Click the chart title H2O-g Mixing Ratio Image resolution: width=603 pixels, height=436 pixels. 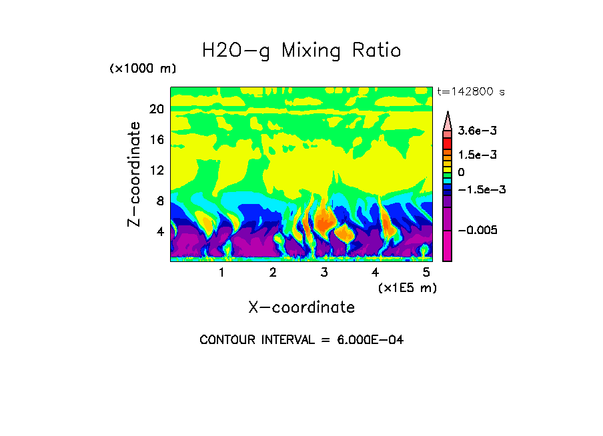pos(301,51)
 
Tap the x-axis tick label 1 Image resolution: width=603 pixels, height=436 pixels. pos(221,273)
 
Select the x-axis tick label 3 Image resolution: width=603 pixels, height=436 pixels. pos(324,273)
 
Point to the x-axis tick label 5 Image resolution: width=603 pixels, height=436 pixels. pos(426,273)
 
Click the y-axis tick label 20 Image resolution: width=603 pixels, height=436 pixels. pos(156,109)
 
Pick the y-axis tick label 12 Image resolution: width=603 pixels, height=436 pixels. pos(156,171)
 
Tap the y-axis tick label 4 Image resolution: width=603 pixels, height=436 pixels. pos(160,232)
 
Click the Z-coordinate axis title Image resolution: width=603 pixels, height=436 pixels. pos(135,174)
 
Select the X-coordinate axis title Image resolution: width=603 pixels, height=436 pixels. pos(301,307)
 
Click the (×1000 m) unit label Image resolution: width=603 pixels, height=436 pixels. pos(143,69)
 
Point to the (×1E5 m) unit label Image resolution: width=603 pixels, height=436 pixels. pos(408,288)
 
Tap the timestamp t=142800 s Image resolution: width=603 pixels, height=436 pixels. pos(470,91)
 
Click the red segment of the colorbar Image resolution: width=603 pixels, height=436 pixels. pos(447,144)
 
